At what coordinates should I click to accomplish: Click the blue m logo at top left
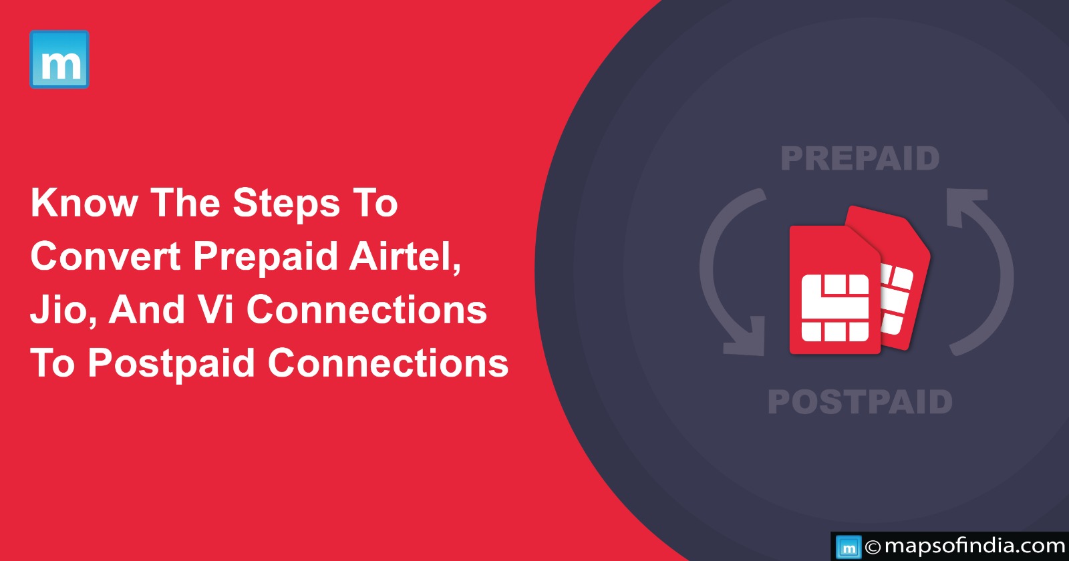click(59, 59)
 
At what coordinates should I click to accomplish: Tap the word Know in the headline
click(84, 203)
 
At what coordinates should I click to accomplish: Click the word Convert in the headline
click(106, 256)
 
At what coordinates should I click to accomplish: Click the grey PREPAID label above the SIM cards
click(860, 159)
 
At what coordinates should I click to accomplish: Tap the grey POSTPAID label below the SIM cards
click(860, 401)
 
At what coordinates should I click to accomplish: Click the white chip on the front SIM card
click(834, 308)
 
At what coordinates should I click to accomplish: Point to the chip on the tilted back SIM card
click(896, 300)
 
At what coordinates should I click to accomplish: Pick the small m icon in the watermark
click(849, 547)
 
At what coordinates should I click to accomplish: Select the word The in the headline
click(185, 203)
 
